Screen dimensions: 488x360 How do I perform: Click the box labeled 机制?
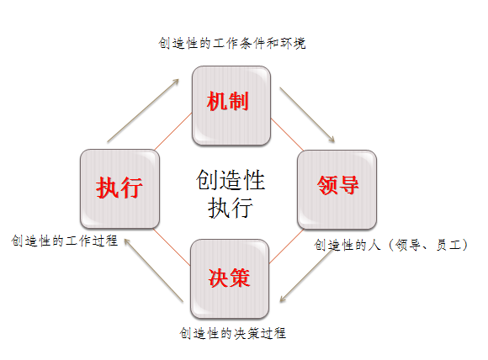(x=231, y=105)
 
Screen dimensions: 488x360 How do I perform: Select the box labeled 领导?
(x=337, y=189)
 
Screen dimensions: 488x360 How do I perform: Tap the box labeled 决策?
(x=230, y=278)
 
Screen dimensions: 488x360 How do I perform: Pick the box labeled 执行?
(x=119, y=188)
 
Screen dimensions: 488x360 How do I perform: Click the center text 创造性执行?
(x=231, y=193)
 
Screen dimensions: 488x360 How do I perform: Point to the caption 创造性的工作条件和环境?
(x=232, y=43)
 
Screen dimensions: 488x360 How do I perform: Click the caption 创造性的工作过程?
(x=65, y=241)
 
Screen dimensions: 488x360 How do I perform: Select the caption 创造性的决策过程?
(x=233, y=333)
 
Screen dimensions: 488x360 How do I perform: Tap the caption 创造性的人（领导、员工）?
(x=391, y=245)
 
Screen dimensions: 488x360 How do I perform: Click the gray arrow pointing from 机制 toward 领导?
(x=307, y=115)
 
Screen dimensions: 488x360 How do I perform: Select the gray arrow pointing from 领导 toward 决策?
(x=306, y=276)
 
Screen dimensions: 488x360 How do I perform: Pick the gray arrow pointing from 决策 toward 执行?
(x=154, y=270)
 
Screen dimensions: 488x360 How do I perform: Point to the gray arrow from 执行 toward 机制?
(x=143, y=111)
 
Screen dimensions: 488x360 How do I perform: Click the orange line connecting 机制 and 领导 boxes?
(x=287, y=135)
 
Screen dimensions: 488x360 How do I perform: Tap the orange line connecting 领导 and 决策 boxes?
(x=286, y=246)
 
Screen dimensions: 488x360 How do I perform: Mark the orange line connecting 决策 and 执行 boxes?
(x=172, y=246)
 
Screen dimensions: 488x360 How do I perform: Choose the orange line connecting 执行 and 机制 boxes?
(x=173, y=131)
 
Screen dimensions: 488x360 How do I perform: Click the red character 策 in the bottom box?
(x=240, y=278)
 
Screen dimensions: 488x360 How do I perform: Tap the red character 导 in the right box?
(x=348, y=185)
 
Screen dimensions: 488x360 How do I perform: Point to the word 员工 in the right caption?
(x=448, y=245)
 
